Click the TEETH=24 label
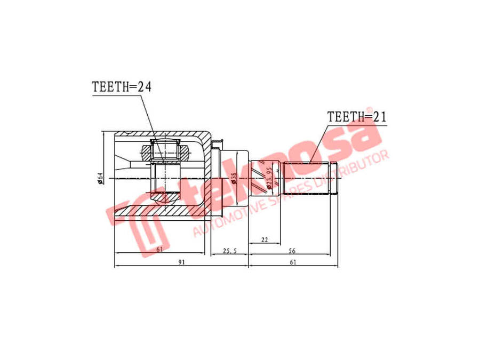122,87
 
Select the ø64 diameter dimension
100,178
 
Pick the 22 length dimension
265,240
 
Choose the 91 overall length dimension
181,262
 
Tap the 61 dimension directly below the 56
293,262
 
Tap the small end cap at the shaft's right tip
334,178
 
